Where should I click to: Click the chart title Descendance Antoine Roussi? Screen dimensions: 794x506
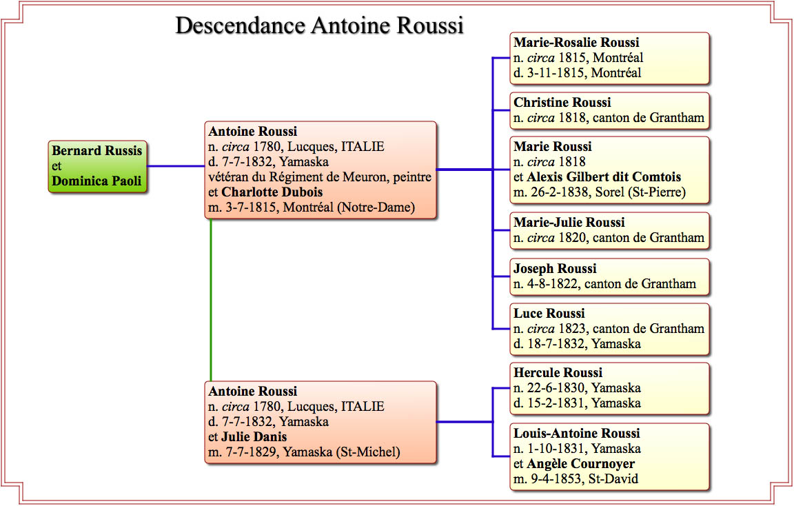tap(320, 26)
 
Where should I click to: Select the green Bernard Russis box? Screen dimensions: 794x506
tap(98, 167)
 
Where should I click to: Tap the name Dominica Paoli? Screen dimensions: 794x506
tap(96, 181)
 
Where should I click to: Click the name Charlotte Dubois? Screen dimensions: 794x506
tap(272, 192)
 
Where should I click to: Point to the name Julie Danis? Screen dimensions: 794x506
tap(254, 436)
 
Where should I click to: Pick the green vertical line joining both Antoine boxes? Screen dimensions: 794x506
tap(211, 300)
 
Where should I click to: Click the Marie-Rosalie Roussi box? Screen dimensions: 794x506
tap(610, 58)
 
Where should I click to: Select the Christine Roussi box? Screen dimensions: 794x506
tap(610, 110)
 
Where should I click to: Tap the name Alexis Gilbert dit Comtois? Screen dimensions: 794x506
tap(604, 176)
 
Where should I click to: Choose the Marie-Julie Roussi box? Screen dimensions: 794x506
tap(610, 230)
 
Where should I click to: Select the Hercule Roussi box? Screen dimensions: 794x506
tap(610, 389)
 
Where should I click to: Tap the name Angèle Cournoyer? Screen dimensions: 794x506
tap(580, 463)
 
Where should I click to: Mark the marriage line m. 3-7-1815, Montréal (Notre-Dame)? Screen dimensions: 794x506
tap(312, 208)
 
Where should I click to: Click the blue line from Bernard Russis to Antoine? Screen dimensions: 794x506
tap(176, 166)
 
